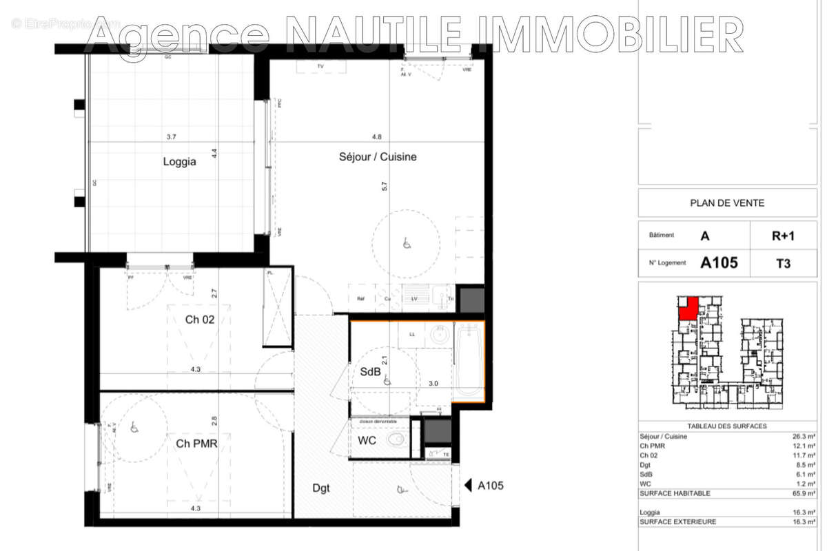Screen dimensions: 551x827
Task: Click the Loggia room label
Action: (x=179, y=163)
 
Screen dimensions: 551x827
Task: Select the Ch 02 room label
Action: (x=199, y=320)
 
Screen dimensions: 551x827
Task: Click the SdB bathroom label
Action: (x=370, y=372)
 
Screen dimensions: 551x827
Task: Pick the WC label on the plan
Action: (x=367, y=440)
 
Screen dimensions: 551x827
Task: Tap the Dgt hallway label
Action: (x=320, y=488)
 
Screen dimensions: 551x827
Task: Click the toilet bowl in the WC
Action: (x=396, y=439)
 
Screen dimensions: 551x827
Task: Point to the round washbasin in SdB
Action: (x=438, y=336)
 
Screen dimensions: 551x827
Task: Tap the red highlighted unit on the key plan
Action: (x=687, y=308)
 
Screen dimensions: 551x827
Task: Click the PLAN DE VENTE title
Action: (x=726, y=202)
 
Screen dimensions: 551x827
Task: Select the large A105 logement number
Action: (x=719, y=262)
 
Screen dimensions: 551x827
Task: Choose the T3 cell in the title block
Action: (x=783, y=262)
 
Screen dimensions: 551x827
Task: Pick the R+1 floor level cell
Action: (x=783, y=235)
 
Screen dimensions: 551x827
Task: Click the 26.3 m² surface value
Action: (x=804, y=436)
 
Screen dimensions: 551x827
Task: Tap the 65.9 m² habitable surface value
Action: (x=804, y=493)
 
